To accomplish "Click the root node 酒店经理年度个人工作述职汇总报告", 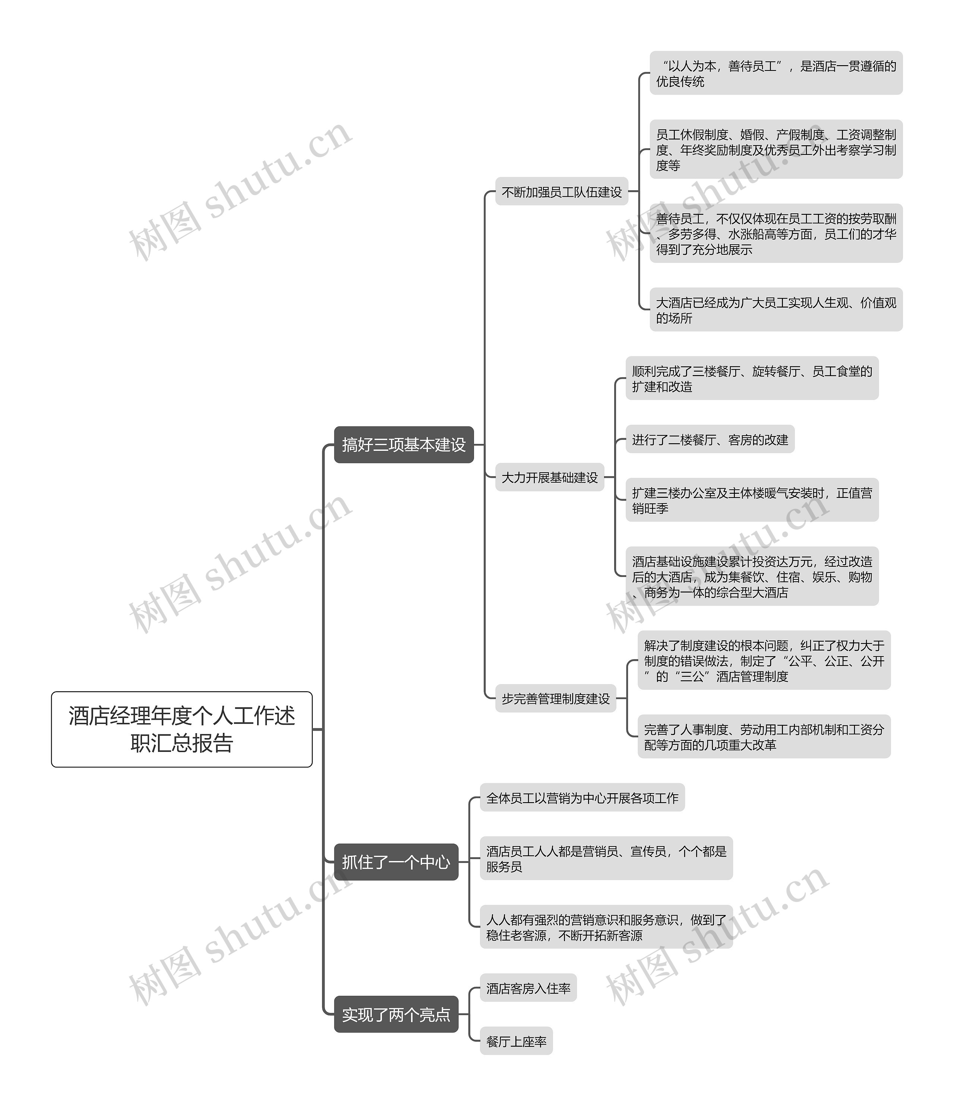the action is coord(181,729).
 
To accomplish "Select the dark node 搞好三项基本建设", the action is coord(404,445).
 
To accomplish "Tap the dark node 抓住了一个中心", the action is coord(396,862).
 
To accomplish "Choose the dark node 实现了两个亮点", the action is coord(396,1014).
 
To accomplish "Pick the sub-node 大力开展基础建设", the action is coord(550,477).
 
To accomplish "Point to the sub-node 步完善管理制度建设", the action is coord(556,698).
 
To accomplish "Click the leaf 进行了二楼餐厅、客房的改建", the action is coord(710,439).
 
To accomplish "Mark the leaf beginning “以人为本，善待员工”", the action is coord(775,73).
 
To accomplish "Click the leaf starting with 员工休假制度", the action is coord(775,149).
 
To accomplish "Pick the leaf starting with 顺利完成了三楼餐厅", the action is coord(752,378).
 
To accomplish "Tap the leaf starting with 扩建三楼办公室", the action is coord(752,500).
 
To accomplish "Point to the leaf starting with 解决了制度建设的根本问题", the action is coord(764,660).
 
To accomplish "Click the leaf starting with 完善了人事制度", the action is coord(764,737).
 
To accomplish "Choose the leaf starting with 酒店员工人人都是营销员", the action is coord(606,858).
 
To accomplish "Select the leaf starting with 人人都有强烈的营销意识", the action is coord(606,927).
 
